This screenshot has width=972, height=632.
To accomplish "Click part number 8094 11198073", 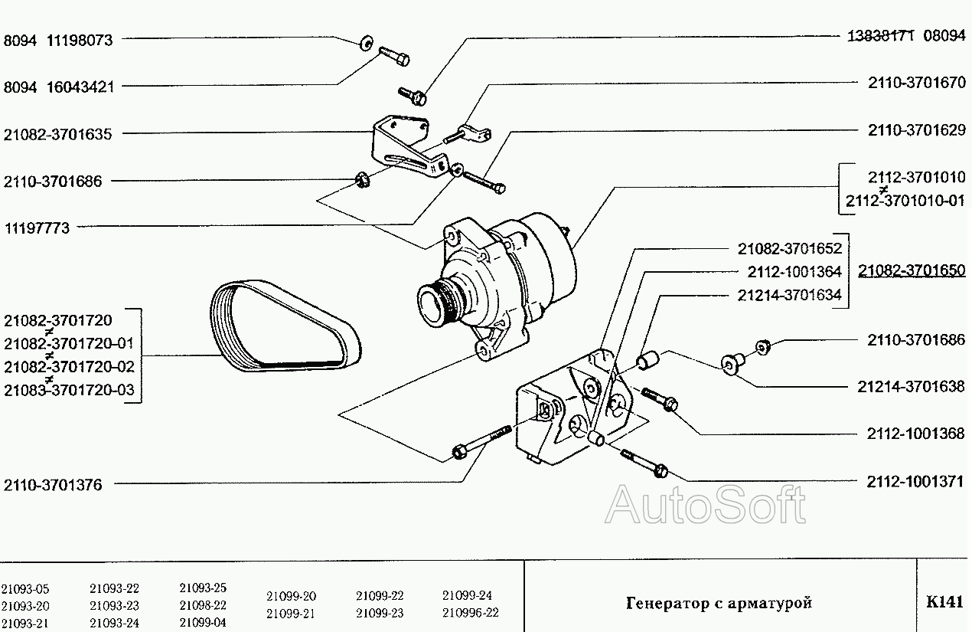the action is point(58,41).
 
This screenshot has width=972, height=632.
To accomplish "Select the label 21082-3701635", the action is point(57,134).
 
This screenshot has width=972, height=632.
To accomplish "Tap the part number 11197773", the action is point(37,228).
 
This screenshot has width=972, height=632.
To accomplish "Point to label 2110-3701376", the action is point(53,485).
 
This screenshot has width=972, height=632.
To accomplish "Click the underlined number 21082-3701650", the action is point(912,270).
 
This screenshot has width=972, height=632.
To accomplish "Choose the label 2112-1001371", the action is point(915,482).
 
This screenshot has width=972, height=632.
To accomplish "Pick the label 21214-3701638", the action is point(911,386).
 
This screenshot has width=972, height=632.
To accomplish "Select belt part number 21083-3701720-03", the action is point(70,390).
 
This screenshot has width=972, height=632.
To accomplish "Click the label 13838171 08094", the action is point(906,35).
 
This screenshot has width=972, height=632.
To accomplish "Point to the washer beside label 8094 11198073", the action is point(367,43).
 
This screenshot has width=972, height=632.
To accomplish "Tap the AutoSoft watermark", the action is point(705,505).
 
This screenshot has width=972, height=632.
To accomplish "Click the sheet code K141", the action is point(944,601).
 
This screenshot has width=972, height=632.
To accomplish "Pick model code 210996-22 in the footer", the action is point(471,612).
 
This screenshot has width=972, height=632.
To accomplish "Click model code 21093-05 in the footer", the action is point(25,589).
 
